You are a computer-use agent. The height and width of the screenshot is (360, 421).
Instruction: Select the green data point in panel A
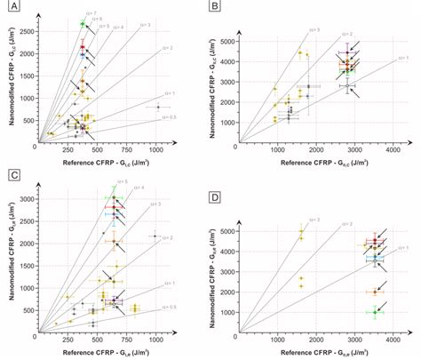coord(83,23)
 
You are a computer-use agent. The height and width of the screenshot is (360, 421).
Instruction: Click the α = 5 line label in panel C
coord(121,181)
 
